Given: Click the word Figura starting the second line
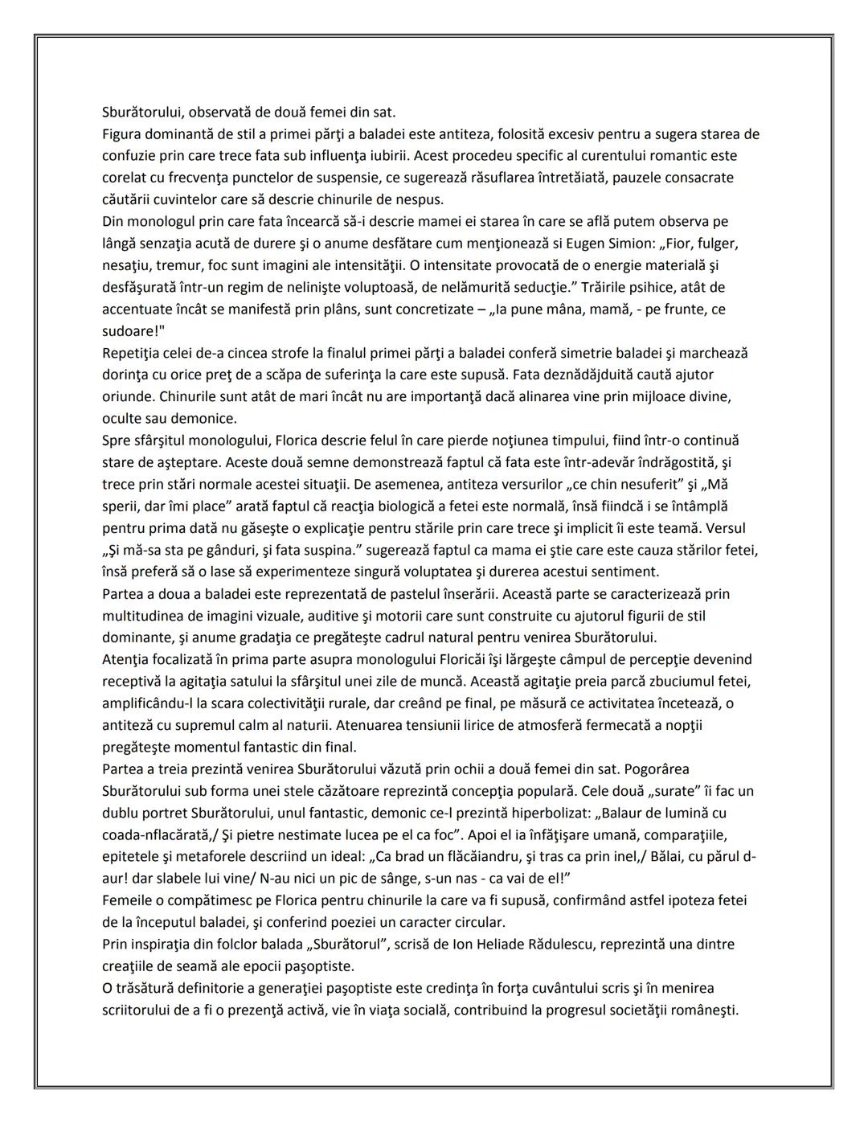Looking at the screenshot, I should pyautogui.click(x=122, y=133).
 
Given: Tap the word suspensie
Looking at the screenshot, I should pyautogui.click(x=376, y=177).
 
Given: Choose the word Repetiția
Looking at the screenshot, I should pyautogui.click(x=133, y=353).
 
